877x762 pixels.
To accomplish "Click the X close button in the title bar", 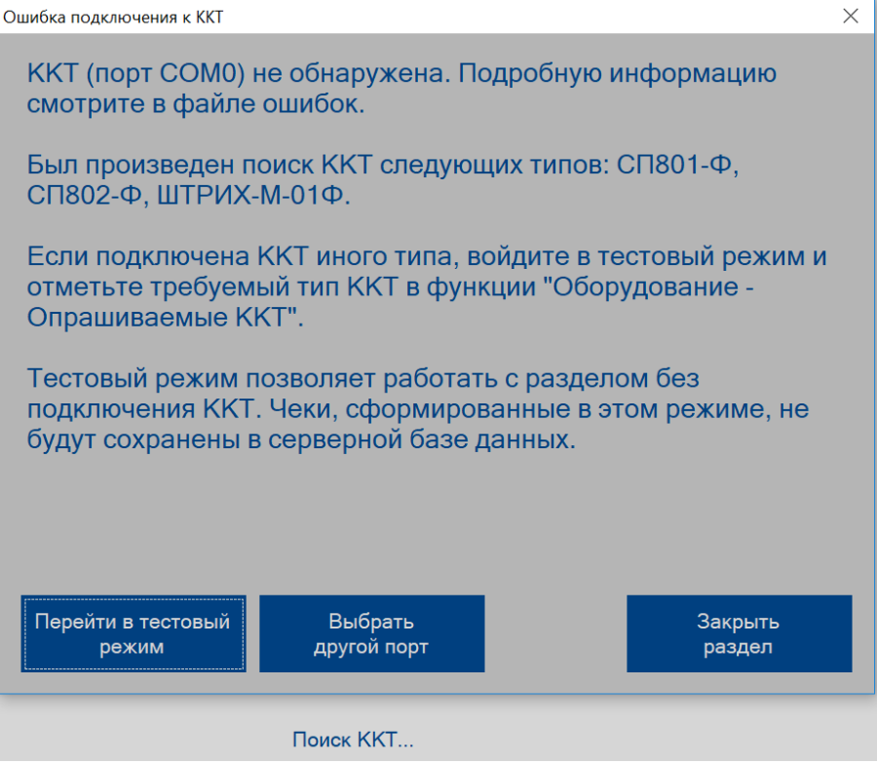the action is pos(850,17).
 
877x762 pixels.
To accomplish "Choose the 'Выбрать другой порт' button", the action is pos(372,633).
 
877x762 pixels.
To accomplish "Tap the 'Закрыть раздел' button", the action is pos(740,633).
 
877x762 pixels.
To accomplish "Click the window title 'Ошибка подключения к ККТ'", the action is pos(113,18).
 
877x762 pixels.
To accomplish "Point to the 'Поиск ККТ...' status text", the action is pos(353,740).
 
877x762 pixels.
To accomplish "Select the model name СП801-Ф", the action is pos(677,165).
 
